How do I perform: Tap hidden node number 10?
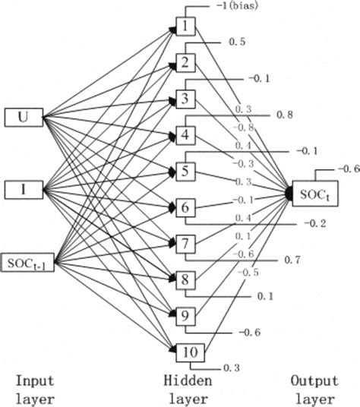pyautogui.click(x=188, y=351)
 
